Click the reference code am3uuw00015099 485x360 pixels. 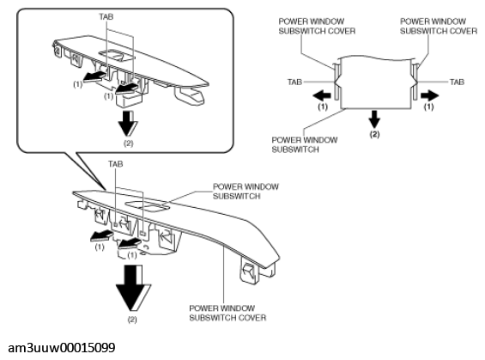pyautogui.click(x=62, y=348)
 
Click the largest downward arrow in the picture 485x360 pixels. pyautogui.click(x=134, y=288)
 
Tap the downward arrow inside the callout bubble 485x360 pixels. pyautogui.click(x=128, y=124)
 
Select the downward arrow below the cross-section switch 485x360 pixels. pyautogui.click(x=374, y=119)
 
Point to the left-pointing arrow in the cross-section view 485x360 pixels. pyautogui.click(x=322, y=95)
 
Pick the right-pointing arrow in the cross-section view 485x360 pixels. pyautogui.click(x=430, y=95)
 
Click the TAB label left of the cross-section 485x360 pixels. pyautogui.click(x=294, y=82)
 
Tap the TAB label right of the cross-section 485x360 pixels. pyautogui.click(x=457, y=82)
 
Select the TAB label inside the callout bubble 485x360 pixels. pyautogui.click(x=106, y=16)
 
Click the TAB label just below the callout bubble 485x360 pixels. pyautogui.click(x=115, y=164)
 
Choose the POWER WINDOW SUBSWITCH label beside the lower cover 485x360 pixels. pyautogui.click(x=246, y=192)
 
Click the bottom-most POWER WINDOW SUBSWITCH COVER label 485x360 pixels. pyautogui.click(x=227, y=313)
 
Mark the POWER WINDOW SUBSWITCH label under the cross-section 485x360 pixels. pyautogui.click(x=305, y=144)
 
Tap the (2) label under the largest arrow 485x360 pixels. pyautogui.click(x=132, y=320)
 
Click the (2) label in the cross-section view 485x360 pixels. pyautogui.click(x=374, y=134)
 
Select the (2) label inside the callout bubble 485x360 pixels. pyautogui.click(x=129, y=143)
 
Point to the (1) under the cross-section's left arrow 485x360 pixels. pyautogui.click(x=323, y=107)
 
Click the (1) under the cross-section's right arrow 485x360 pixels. pyautogui.click(x=428, y=107)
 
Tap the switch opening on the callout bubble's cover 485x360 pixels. pyautogui.click(x=117, y=54)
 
